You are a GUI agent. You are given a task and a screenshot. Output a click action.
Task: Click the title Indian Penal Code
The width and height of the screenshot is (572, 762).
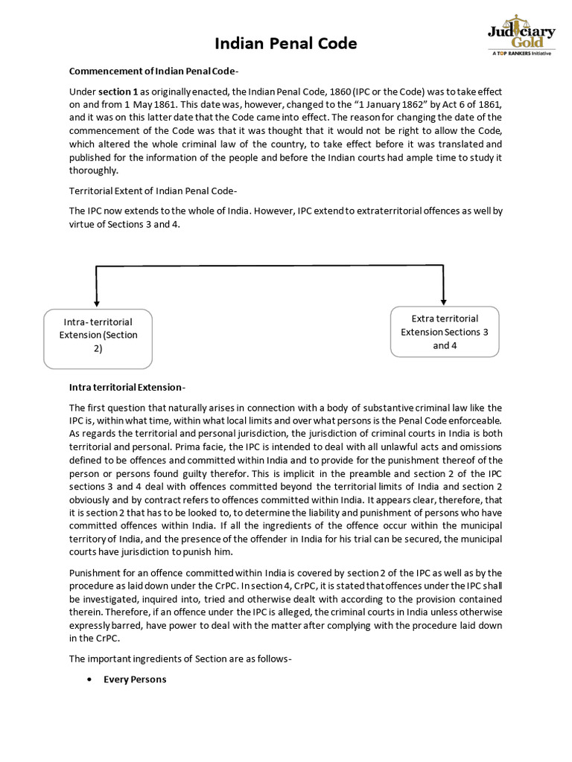[286, 44]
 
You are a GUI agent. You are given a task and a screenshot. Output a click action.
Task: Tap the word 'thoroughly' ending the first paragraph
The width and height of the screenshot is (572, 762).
[95, 170]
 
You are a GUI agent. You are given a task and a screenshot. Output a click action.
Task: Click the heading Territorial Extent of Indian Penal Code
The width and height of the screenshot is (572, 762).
[153, 191]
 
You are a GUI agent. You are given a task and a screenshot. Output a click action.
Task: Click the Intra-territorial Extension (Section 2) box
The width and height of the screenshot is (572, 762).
[98, 339]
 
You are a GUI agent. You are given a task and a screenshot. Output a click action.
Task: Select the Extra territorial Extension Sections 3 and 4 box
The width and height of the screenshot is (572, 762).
[445, 332]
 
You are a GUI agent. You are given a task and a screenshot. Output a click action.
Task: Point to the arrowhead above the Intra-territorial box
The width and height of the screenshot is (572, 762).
[97, 302]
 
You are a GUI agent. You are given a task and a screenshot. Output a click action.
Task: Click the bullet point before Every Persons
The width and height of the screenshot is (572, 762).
[89, 679]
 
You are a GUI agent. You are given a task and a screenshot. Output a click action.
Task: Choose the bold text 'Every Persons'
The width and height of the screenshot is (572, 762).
[135, 679]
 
